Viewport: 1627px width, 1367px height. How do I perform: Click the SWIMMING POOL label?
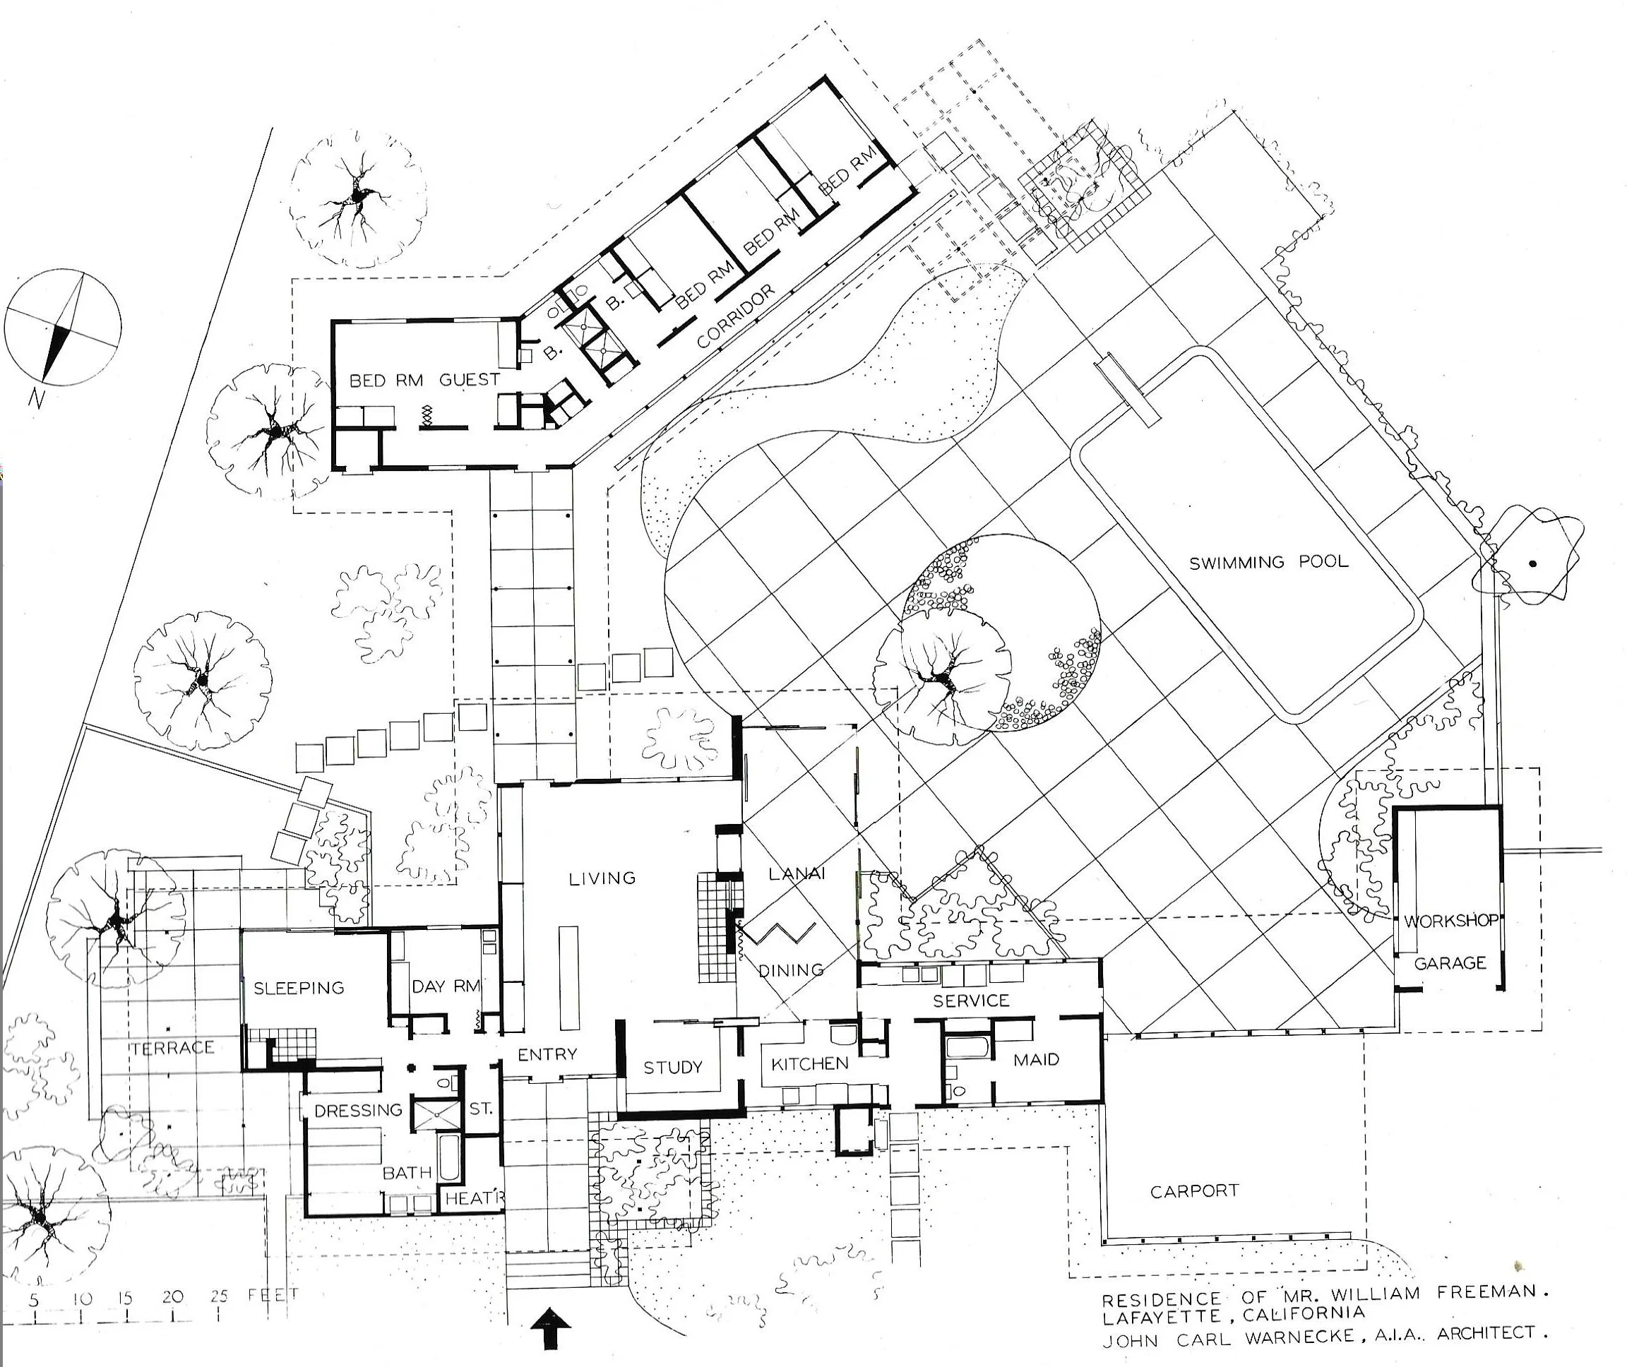click(1268, 562)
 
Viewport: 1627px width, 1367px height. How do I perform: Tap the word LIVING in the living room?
click(602, 878)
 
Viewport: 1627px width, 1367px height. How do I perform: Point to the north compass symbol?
click(63, 327)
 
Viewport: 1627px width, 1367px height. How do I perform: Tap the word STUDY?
click(673, 1068)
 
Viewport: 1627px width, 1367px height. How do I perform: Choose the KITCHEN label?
click(809, 1064)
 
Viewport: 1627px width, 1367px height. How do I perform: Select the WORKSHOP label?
click(1450, 921)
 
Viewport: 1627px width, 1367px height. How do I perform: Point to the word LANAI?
click(796, 874)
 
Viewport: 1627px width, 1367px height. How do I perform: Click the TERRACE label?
click(172, 1049)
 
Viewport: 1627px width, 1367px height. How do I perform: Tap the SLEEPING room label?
click(299, 988)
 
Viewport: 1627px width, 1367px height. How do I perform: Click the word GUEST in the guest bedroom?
click(469, 380)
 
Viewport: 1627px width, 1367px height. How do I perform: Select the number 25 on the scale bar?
click(220, 1295)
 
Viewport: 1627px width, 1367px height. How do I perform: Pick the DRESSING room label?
click(358, 1111)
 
